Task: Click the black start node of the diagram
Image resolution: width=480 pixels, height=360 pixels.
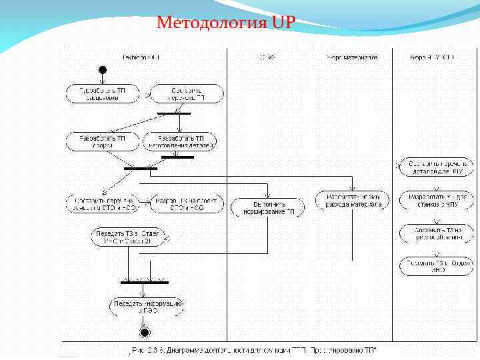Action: pos(102,70)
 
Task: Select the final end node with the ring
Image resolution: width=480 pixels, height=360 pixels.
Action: pos(144,331)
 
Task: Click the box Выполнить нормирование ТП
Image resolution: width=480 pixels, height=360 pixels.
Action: pos(267,207)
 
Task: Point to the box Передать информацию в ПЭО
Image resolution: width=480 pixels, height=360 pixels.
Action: pos(147,306)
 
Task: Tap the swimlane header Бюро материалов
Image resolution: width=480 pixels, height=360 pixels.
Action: pos(351,57)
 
